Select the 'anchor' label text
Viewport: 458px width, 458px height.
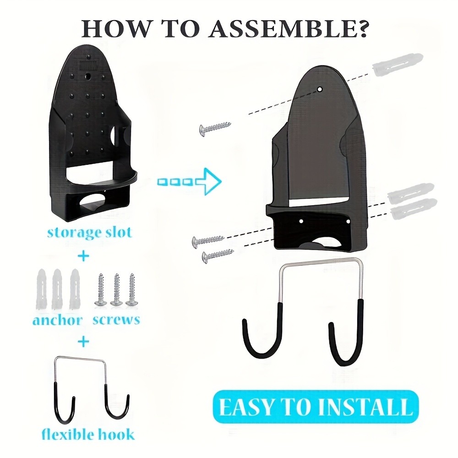pos(57,319)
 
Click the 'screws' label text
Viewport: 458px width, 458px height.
pos(116,318)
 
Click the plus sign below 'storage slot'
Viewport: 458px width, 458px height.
pos(83,256)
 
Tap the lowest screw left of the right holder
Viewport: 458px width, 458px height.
pos(218,255)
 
